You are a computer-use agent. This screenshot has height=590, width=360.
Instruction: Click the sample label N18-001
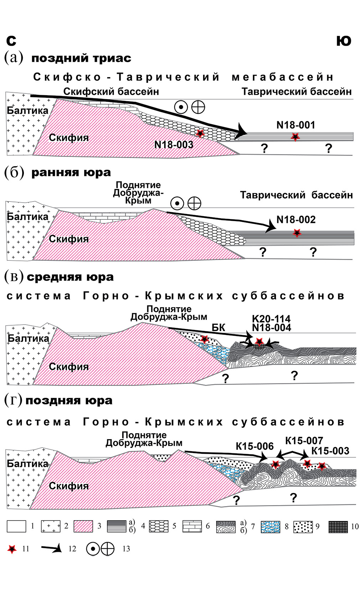(295, 125)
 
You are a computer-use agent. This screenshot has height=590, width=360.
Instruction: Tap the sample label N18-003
(174, 144)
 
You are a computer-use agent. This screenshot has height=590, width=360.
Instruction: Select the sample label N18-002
(296, 219)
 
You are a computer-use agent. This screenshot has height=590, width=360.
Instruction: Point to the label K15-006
(254, 446)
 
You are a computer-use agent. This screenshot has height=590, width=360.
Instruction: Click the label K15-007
(304, 441)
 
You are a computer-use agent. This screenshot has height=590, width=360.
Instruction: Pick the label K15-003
(330, 451)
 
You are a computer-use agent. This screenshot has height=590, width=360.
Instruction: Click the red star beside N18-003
(200, 133)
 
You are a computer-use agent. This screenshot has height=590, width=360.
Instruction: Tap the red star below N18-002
(297, 233)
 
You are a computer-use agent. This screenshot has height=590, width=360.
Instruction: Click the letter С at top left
(11, 41)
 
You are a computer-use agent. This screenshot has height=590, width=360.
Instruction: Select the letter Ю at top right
(344, 41)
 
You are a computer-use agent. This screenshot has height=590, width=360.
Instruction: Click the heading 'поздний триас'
(81, 58)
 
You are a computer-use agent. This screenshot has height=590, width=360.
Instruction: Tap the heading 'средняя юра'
(70, 277)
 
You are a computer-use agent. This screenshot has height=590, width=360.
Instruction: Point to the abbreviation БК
(218, 327)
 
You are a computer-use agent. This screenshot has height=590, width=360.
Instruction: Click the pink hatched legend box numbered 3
(83, 527)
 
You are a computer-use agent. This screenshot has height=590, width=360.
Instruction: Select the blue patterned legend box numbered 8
(270, 527)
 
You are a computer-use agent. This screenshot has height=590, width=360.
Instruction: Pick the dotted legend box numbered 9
(303, 527)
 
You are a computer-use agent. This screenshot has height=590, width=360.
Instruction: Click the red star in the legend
(12, 549)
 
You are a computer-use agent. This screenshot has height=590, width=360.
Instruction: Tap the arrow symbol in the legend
(51, 549)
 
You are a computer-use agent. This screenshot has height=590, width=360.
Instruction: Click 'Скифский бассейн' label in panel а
(111, 92)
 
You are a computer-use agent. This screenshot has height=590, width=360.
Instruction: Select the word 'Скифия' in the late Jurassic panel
(68, 486)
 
